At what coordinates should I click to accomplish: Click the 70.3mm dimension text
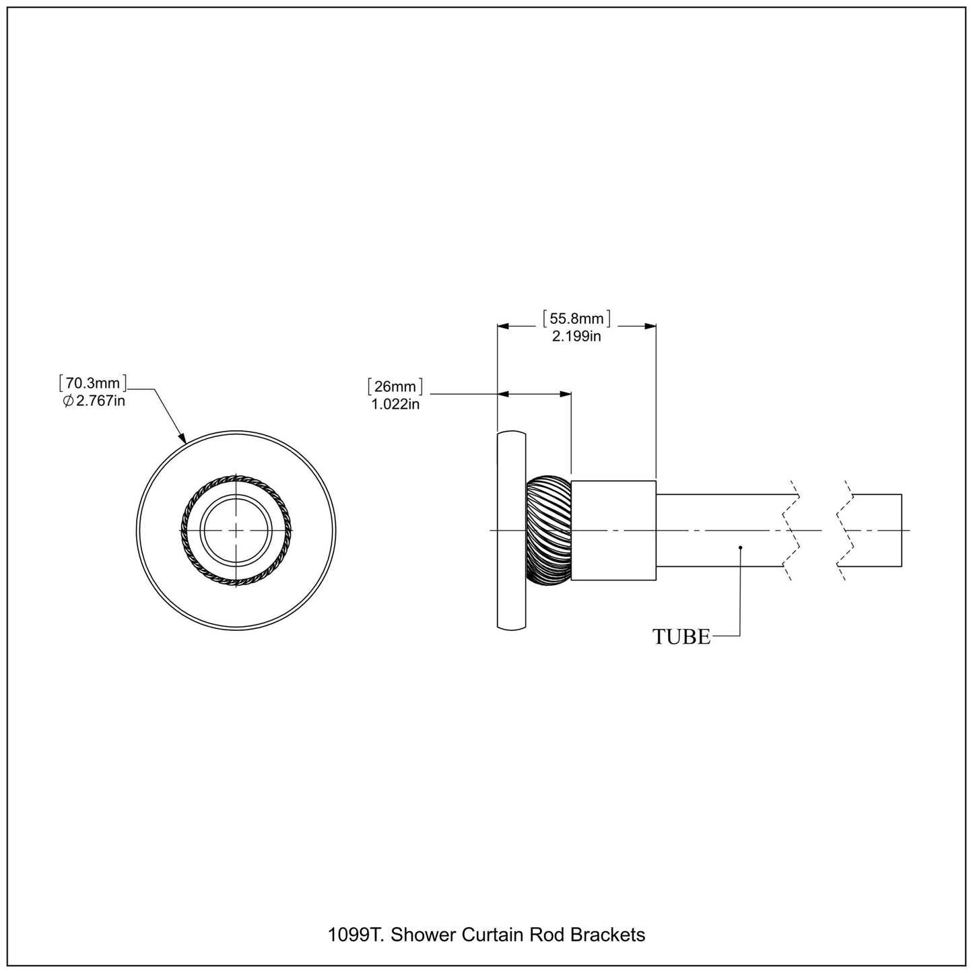(x=92, y=384)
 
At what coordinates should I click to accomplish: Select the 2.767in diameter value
(x=100, y=402)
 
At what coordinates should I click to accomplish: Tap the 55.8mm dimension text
(x=576, y=318)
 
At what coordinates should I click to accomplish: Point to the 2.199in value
(x=576, y=337)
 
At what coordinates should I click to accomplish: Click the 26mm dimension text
(x=395, y=387)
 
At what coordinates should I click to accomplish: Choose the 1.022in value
(x=395, y=405)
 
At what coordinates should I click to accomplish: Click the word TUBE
(x=681, y=636)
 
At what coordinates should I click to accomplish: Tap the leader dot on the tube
(x=740, y=547)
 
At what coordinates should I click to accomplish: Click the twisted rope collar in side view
(x=548, y=530)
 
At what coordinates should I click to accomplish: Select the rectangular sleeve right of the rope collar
(x=613, y=530)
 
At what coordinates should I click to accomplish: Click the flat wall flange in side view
(x=510, y=530)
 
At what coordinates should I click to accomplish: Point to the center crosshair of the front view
(x=236, y=530)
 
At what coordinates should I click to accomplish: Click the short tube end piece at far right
(x=875, y=530)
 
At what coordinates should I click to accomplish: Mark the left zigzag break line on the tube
(x=791, y=530)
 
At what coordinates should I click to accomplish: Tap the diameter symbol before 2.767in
(x=67, y=402)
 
